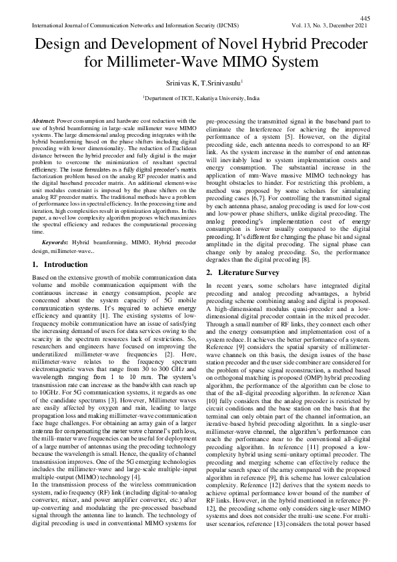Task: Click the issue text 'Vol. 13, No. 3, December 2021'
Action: point(329,25)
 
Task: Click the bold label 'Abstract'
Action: point(43,120)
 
